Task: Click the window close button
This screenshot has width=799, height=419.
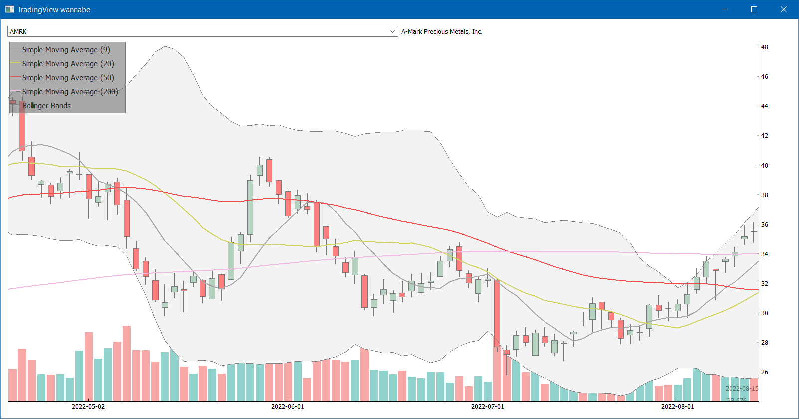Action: tap(783, 9)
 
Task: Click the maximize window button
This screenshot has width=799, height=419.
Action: tap(754, 9)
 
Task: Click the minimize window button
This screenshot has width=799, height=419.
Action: tap(725, 9)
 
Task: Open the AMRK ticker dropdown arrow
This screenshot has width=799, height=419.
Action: tap(392, 31)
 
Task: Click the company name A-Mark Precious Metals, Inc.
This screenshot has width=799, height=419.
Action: tap(442, 31)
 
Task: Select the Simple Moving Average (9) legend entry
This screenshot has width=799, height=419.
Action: tap(66, 50)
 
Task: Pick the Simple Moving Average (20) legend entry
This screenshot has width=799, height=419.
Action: tap(68, 64)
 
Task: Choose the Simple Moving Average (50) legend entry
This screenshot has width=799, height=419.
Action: tap(68, 78)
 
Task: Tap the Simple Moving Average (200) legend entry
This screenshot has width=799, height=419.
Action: tap(70, 92)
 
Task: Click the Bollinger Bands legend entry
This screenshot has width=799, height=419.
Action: tap(46, 106)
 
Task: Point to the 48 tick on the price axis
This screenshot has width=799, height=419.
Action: tap(764, 47)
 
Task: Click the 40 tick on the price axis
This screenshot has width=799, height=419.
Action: tap(764, 165)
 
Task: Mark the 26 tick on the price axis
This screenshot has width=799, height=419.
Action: tap(764, 372)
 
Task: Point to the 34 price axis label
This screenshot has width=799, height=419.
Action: tap(764, 254)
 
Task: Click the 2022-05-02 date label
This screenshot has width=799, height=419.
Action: tap(88, 406)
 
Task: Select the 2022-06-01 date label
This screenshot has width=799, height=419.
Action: tap(288, 406)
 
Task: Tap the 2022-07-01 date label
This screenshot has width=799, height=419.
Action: tap(488, 406)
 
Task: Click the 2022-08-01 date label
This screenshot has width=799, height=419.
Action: tap(677, 406)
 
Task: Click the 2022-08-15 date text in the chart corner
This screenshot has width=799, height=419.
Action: tap(742, 389)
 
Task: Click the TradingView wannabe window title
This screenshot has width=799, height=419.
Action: tap(54, 10)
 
